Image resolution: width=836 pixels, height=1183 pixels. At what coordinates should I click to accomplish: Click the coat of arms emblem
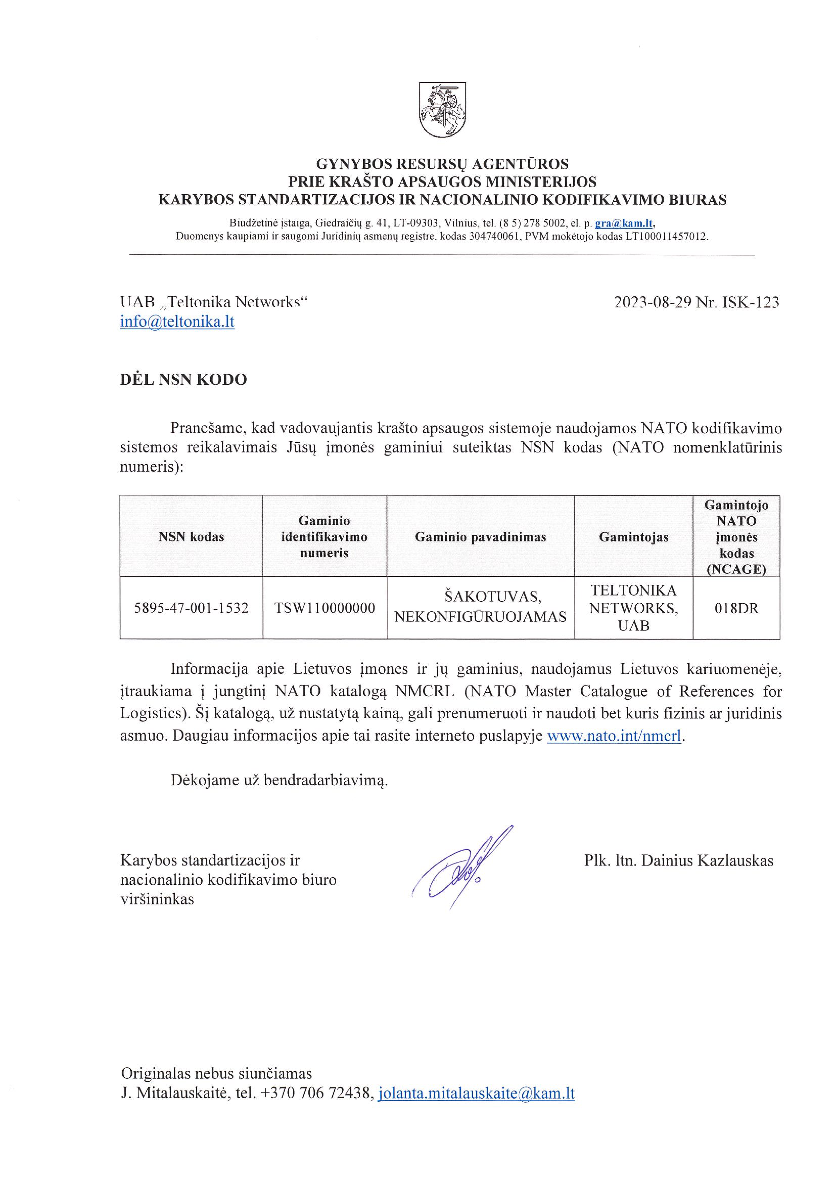click(442, 110)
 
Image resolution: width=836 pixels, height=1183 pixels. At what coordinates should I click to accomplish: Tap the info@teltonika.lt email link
click(177, 322)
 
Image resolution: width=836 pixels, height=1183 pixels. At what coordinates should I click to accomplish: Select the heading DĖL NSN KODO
click(183, 380)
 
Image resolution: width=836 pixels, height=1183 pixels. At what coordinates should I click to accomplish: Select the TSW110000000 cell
click(324, 608)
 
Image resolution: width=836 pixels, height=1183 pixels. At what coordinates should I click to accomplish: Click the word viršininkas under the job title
click(157, 899)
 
